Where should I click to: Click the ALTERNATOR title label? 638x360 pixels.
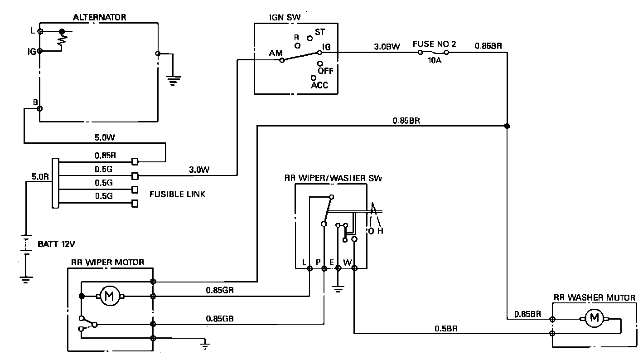click(99, 17)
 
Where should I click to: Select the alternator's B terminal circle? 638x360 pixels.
click(40, 109)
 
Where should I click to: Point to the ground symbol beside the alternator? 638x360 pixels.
click(174, 80)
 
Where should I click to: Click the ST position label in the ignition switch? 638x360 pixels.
click(320, 32)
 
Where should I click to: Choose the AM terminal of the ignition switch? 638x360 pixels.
click(282, 60)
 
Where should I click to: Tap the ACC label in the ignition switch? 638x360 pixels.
click(319, 85)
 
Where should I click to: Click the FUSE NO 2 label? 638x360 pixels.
click(435, 44)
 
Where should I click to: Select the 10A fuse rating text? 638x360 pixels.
click(435, 60)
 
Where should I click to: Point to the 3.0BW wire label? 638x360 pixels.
click(387, 46)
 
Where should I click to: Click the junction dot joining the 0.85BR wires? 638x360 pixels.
click(507, 126)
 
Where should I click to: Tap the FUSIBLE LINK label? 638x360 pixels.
click(177, 195)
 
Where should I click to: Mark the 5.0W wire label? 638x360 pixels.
click(105, 138)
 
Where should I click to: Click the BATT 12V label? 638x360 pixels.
click(56, 244)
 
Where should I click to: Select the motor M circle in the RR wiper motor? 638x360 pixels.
click(110, 297)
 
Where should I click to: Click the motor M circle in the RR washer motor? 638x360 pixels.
click(594, 318)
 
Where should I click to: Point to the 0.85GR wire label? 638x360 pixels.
click(220, 290)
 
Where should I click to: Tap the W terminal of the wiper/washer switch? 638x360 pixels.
click(354, 268)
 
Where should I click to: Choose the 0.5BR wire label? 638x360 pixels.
click(446, 329)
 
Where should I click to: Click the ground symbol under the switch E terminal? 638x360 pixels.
click(338, 289)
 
